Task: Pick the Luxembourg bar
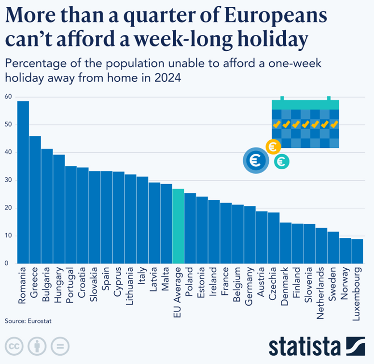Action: tap(357, 251)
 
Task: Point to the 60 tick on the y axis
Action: tap(8, 97)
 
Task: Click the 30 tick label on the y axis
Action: tap(8, 180)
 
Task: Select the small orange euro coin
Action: tap(273, 146)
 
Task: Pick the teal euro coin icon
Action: tap(281, 161)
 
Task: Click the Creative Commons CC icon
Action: tap(14, 346)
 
